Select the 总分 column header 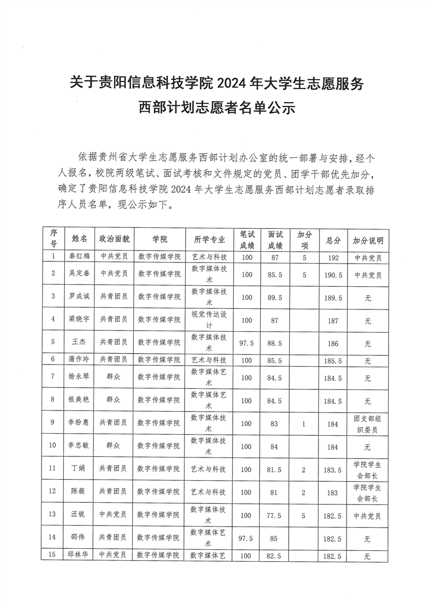coord(334,240)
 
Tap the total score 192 coord(334,258)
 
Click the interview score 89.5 coord(275,297)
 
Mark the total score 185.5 coord(334,360)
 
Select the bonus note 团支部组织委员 coord(368,424)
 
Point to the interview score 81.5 coord(275,469)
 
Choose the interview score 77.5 coord(275,515)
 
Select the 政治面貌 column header coord(114,240)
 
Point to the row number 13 coord(52,515)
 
